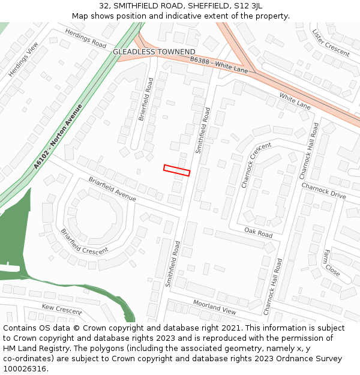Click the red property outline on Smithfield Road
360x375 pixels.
click(176, 170)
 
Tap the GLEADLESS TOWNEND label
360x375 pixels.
click(154, 52)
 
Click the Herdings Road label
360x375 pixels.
click(85, 39)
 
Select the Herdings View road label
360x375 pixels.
click(23, 59)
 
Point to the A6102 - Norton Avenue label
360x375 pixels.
click(58, 136)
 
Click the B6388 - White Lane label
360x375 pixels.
click(219, 65)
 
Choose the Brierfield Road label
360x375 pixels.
click(146, 99)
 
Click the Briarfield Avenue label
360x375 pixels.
click(112, 189)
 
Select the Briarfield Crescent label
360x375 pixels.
click(84, 241)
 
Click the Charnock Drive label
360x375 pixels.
click(323, 191)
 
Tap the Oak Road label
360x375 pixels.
click(258, 232)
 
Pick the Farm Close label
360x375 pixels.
click(332, 263)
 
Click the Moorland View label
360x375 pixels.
click(214, 307)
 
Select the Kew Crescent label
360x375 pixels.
click(61, 310)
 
